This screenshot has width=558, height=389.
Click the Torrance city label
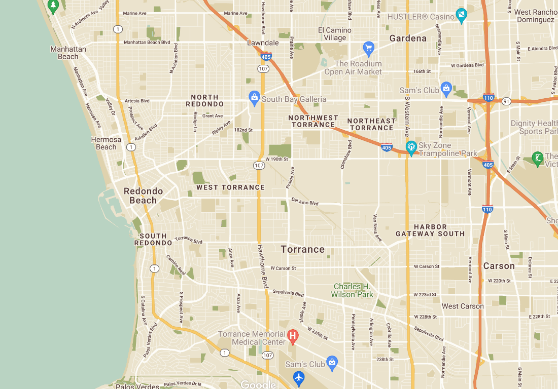coord(303,249)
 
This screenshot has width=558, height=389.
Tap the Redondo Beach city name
coord(143,196)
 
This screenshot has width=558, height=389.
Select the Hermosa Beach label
coord(106,143)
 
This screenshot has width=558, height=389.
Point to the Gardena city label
coord(408,38)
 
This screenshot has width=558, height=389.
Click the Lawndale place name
coord(263,43)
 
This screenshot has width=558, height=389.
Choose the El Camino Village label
coord(335,34)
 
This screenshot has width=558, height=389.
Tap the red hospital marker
coord(293,335)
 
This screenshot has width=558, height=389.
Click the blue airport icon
coord(299,377)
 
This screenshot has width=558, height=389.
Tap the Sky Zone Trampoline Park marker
coord(411,147)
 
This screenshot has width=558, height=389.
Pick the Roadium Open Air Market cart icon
coord(369,48)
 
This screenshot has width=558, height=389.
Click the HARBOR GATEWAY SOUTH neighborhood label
coord(430,230)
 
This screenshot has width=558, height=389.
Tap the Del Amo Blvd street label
coord(305,202)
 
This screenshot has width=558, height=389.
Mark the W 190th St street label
coord(276,159)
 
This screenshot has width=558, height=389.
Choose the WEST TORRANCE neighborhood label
coord(230,187)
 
